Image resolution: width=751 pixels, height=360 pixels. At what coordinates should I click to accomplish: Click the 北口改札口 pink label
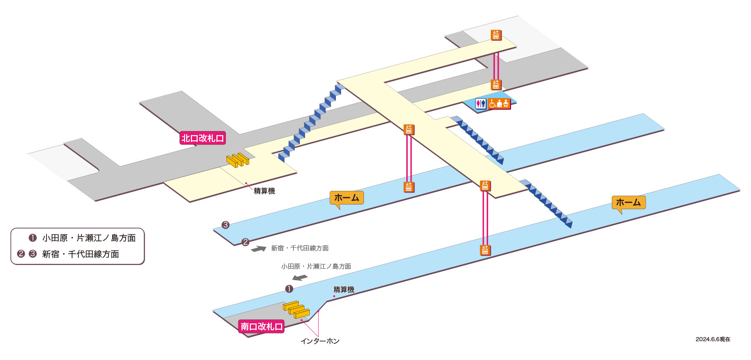202,138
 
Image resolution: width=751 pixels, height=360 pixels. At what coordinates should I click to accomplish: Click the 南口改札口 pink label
261,326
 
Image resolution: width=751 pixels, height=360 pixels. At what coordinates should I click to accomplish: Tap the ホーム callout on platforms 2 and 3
347,198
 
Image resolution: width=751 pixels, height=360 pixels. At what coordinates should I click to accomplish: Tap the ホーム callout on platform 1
628,202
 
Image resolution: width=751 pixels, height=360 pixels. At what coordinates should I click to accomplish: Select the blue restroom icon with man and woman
481,103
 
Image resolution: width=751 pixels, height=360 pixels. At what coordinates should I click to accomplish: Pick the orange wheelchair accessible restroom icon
499,103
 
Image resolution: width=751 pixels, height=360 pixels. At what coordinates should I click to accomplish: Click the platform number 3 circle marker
225,225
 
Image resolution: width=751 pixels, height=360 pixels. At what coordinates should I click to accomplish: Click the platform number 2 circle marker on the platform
246,242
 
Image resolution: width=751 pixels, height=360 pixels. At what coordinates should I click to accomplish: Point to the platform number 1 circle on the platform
289,289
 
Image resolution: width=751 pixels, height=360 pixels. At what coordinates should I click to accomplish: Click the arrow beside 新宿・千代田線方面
259,249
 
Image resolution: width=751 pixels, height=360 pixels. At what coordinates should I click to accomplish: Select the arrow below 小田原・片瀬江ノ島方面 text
300,278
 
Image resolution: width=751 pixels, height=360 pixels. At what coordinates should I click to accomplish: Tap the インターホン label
320,341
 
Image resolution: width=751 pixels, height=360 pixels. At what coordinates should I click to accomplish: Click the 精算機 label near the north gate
264,191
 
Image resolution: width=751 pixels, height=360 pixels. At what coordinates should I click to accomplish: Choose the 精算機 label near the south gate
344,289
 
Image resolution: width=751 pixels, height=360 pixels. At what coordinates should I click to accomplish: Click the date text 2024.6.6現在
713,339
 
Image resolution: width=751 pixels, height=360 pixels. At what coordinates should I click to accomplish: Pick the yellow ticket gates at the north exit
238,160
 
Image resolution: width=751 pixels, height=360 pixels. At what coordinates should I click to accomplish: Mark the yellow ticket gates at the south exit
296,309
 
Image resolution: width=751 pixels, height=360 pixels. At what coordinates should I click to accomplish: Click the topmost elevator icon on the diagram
496,35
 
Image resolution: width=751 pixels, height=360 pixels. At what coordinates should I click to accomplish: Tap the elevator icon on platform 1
485,250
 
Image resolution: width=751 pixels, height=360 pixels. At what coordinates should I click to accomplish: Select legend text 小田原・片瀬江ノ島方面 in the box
89,238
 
